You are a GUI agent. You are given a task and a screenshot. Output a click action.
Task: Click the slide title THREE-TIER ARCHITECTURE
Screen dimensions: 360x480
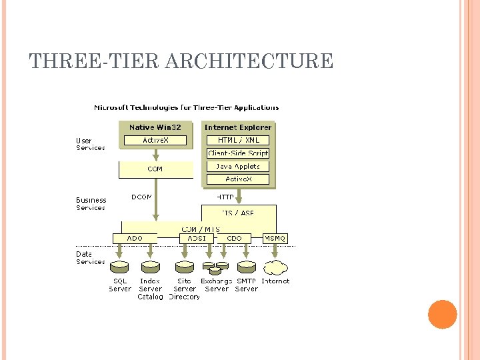[181, 61]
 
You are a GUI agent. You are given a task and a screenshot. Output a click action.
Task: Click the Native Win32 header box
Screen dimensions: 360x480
[155, 127]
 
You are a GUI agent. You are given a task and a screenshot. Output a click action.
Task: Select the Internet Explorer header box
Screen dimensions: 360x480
[238, 127]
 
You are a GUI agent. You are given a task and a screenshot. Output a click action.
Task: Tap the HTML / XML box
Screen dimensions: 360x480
[238, 140]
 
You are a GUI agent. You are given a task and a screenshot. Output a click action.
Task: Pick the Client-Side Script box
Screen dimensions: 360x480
[238, 153]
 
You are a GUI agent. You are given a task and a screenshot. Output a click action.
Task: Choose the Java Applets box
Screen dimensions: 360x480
[238, 166]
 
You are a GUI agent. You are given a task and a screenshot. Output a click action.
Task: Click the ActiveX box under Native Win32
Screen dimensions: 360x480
[155, 140]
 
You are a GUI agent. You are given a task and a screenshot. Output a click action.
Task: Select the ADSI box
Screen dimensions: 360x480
[197, 238]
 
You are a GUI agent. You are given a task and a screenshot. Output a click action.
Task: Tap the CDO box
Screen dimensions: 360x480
[235, 238]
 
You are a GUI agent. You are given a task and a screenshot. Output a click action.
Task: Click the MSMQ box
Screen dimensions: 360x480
[275, 238]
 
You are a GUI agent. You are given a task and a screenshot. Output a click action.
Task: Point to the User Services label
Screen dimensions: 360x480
[90, 144]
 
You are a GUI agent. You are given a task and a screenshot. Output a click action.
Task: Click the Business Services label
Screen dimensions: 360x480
[91, 204]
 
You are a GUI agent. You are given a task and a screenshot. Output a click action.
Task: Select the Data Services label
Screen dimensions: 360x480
[90, 258]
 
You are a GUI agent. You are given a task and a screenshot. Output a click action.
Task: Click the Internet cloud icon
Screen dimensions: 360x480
[275, 268]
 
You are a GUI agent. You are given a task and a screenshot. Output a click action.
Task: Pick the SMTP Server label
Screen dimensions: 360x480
[247, 285]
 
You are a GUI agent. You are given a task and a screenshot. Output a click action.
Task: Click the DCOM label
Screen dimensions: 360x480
[141, 197]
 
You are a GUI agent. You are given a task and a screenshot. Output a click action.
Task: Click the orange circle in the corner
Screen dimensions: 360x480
[442, 314]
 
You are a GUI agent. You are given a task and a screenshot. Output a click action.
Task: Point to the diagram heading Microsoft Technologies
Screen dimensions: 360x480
[187, 107]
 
